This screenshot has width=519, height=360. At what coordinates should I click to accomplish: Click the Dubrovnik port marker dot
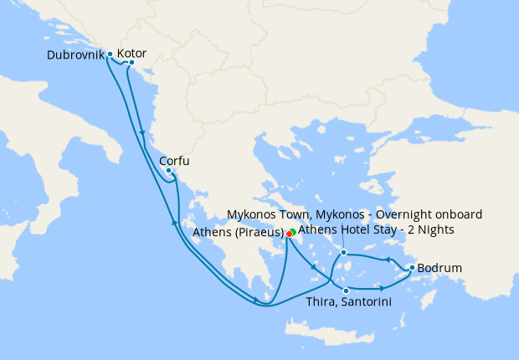pyautogui.click(x=110, y=54)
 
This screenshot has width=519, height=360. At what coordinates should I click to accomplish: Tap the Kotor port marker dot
pyautogui.click(x=131, y=63)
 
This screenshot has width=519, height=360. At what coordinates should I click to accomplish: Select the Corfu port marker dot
pyautogui.click(x=169, y=171)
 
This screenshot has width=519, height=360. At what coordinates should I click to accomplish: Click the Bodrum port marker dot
pyautogui.click(x=411, y=268)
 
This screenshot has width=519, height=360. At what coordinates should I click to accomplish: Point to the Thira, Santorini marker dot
pyautogui.click(x=346, y=291)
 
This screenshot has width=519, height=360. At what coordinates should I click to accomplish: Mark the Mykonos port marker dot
pyautogui.click(x=343, y=251)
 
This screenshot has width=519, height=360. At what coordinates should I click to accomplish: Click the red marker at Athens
pyautogui.click(x=288, y=234)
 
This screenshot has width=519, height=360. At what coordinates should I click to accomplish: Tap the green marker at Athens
pyautogui.click(x=293, y=232)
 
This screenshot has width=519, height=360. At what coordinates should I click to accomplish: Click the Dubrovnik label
pyautogui.click(x=76, y=55)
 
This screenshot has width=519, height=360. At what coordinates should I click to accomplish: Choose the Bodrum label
pyautogui.click(x=439, y=269)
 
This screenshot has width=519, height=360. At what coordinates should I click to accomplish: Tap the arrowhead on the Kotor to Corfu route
pyautogui.click(x=144, y=134)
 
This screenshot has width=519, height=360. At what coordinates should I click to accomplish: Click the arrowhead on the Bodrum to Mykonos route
pyautogui.click(x=387, y=260)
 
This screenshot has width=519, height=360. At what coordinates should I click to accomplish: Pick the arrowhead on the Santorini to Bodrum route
pyautogui.click(x=383, y=288)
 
